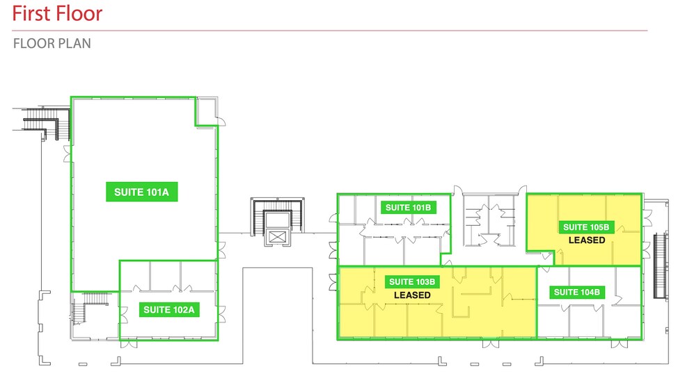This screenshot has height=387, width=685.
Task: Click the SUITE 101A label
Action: coord(143,192)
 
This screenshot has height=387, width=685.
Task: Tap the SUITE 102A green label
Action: coord(169,310)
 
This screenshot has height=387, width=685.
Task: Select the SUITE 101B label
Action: coord(410,207)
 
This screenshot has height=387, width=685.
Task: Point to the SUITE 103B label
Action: coord(412,281)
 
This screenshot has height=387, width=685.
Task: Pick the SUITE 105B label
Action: coord(586,227)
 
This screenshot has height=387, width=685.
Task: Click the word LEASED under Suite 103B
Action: coord(412,295)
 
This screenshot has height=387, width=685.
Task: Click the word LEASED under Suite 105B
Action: coord(586,240)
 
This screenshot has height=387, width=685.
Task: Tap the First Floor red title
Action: coord(57,13)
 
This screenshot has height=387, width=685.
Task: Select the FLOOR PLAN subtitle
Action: coord(52,44)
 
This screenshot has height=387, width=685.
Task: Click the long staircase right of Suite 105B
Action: coord(659,264)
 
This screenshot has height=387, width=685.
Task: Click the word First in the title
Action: coord(33,13)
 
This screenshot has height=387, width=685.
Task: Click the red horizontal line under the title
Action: coord(330,31)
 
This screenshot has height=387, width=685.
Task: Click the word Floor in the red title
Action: coord(79,13)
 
